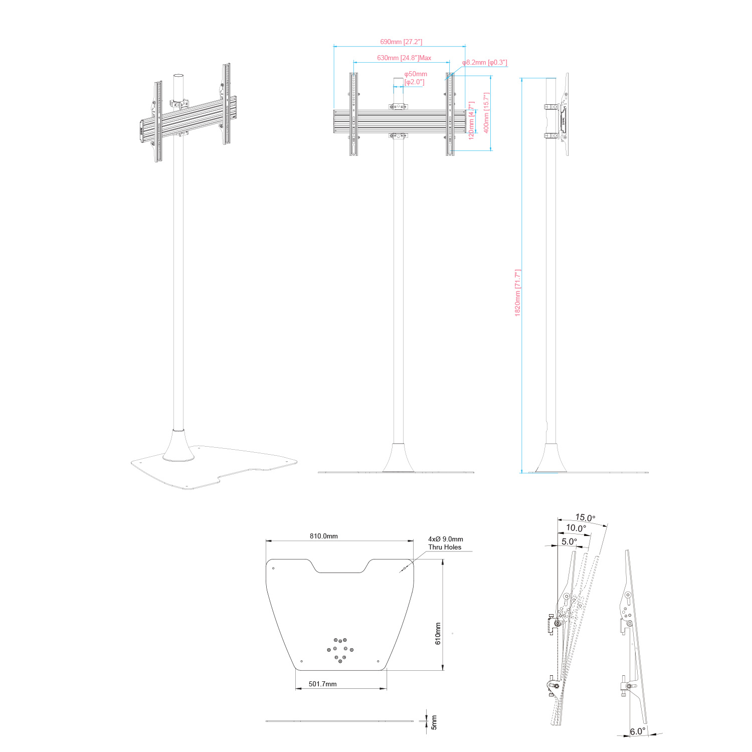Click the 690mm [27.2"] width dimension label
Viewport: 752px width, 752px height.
[401, 42]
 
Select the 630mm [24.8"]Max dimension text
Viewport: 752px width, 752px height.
[404, 58]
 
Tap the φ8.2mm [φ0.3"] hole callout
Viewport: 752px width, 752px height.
[484, 63]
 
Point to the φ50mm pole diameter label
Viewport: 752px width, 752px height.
[416, 74]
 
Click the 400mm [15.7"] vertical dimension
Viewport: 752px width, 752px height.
[486, 113]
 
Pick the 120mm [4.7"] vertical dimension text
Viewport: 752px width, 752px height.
[471, 120]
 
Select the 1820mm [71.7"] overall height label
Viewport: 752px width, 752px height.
[518, 293]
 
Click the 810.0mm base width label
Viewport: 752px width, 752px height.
[324, 536]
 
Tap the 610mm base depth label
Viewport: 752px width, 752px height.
[438, 634]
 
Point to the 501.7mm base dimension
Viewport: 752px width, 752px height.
[322, 684]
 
